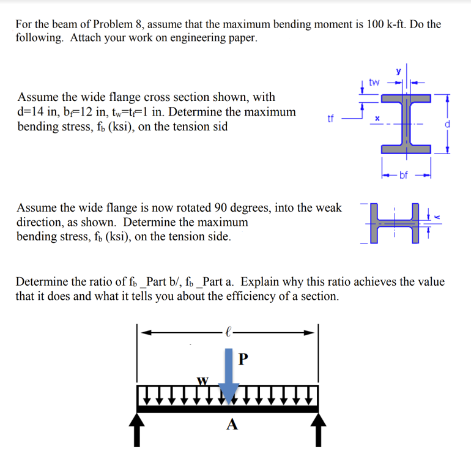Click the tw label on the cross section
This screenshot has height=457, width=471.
pyautogui.click(x=375, y=81)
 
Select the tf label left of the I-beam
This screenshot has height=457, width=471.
pyautogui.click(x=331, y=120)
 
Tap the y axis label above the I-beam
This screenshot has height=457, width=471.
pyautogui.click(x=399, y=71)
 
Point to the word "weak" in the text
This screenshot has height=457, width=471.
pyautogui.click(x=328, y=208)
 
